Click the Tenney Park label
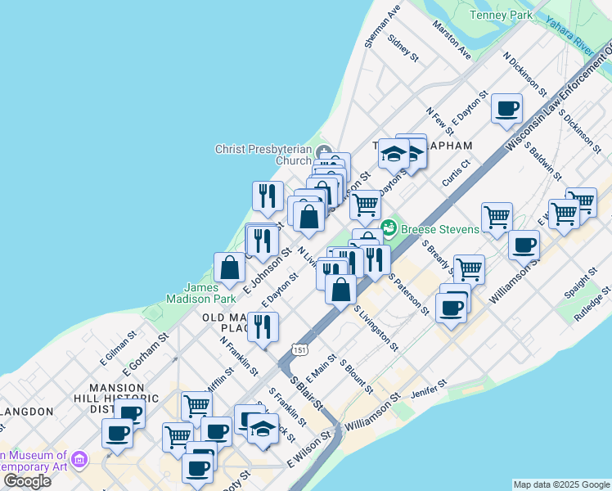pyautogui.click(x=501, y=16)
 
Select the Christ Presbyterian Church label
pyautogui.click(x=263, y=155)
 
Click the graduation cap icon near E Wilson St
pyautogui.click(x=263, y=428)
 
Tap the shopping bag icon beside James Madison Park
pyautogui.click(x=230, y=266)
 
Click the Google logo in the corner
pyautogui.click(x=27, y=481)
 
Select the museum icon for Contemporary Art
pyautogui.click(x=79, y=460)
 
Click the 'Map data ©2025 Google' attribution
pyautogui.click(x=561, y=484)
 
